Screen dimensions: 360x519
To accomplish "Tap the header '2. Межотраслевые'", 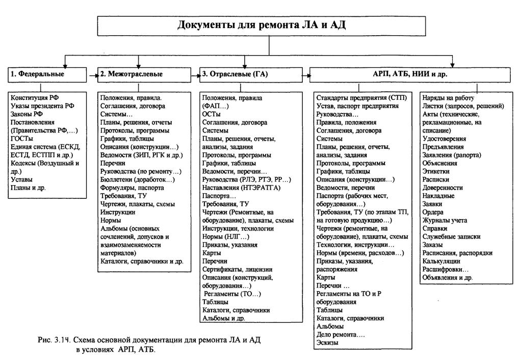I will click(131, 74).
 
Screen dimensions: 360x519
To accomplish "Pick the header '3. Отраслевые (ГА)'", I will click(235, 74).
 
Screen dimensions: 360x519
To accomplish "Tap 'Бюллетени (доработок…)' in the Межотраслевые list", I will click(136, 179).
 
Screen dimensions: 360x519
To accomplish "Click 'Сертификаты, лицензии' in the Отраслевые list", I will click(237, 269).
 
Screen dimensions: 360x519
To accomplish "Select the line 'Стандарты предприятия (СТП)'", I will click(361, 97).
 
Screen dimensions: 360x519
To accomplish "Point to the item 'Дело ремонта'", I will click(341, 334).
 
